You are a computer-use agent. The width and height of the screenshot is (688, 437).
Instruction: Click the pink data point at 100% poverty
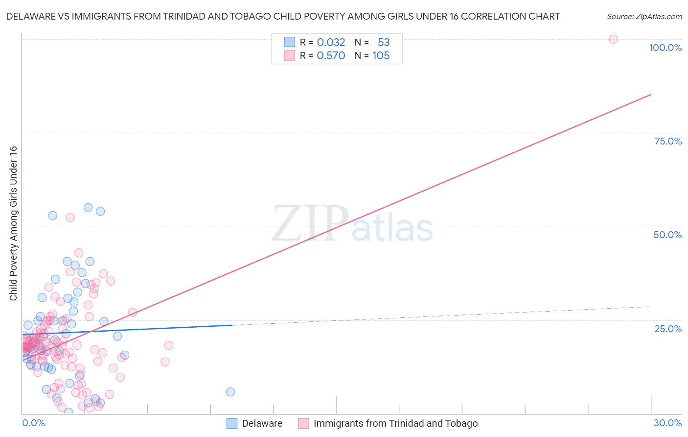[x=613, y=39]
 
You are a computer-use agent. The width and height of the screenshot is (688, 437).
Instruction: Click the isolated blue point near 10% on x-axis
[x=230, y=391]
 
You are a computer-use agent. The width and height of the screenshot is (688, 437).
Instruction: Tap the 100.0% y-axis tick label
[x=665, y=48]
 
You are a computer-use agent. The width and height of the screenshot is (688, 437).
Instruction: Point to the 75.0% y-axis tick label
[x=668, y=141]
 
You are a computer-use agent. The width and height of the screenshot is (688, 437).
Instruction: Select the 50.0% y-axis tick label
[x=667, y=235]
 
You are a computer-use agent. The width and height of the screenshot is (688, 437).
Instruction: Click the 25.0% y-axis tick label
[x=668, y=329]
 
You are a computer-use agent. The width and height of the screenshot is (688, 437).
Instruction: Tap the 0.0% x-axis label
[x=33, y=423]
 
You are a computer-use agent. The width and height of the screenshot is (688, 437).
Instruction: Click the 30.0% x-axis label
[x=667, y=423]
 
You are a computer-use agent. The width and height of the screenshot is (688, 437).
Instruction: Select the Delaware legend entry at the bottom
[x=262, y=423]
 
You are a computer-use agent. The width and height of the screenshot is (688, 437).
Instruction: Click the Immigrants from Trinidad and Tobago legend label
[x=395, y=423]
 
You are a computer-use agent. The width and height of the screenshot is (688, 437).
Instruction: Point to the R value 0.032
[x=331, y=42]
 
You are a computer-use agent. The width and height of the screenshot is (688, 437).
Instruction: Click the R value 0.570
[x=331, y=55]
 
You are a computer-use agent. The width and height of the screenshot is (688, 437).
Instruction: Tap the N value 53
[x=384, y=42]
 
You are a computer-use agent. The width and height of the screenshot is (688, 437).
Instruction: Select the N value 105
[x=381, y=55]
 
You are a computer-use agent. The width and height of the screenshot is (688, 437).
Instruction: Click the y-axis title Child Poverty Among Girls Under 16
[x=13, y=223]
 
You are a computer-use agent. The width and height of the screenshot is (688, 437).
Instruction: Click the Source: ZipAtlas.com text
[x=644, y=16]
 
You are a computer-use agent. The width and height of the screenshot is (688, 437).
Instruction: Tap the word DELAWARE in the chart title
[x=31, y=16]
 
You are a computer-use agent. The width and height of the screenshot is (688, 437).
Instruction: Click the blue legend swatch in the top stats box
[x=290, y=42]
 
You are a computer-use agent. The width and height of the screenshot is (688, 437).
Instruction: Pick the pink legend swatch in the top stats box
[x=290, y=55]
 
